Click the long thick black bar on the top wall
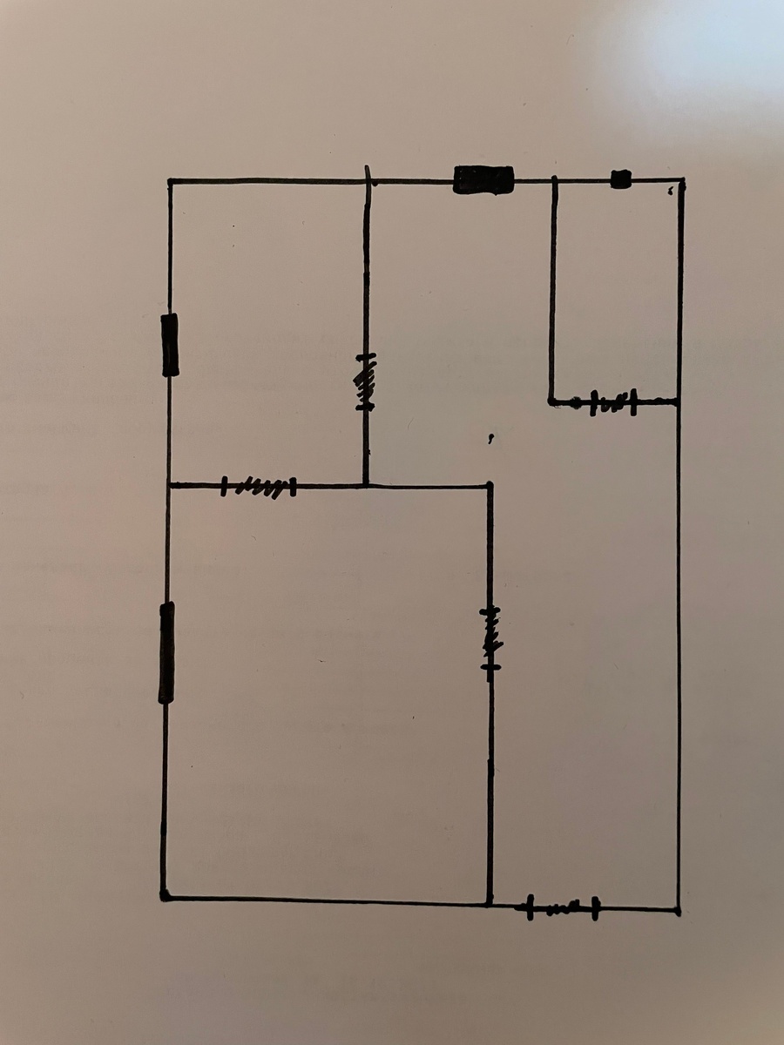[x=483, y=180]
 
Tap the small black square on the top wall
[x=620, y=179]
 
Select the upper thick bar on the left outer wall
[x=170, y=345]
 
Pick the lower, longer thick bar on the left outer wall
[x=166, y=652]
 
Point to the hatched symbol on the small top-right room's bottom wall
[x=612, y=403]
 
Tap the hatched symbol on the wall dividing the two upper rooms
[x=366, y=381]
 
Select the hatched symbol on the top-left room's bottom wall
[x=259, y=486]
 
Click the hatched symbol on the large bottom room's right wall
[x=490, y=638]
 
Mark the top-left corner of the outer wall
[x=170, y=181]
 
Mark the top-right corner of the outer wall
[x=681, y=181]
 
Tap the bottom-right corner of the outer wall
[x=678, y=910]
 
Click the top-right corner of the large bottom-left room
[x=490, y=486]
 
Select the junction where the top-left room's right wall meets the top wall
[x=367, y=181]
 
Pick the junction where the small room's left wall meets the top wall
[x=554, y=181]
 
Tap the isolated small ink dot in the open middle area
[x=492, y=441]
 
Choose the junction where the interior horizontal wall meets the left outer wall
[x=168, y=485]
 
